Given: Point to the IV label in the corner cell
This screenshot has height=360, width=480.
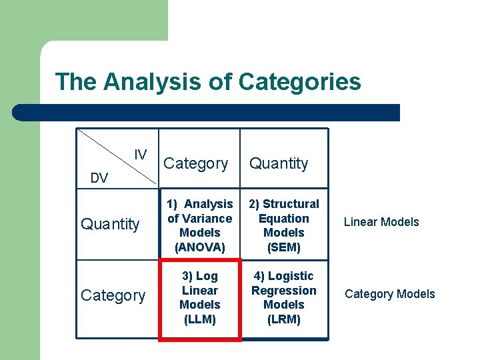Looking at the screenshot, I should tap(140, 155).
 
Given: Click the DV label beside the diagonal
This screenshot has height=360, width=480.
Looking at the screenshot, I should tap(99, 178).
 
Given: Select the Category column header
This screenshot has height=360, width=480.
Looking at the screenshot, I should tap(196, 163).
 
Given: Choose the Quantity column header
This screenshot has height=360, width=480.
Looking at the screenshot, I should tap(279, 163).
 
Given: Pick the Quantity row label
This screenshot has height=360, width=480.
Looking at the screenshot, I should tap(110, 224).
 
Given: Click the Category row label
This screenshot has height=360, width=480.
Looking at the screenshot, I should tap(113, 295).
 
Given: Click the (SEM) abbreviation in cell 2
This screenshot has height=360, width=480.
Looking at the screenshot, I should tap(284, 247).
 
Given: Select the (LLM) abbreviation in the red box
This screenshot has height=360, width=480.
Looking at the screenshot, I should tap(200, 319).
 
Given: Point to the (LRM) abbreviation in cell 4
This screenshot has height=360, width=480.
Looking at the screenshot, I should tap(284, 319).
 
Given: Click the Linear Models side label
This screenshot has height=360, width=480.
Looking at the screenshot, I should tap(381, 222).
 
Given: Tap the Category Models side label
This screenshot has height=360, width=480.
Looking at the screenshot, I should tap(390, 294).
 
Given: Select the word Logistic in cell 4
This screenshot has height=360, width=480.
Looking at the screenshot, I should tap(291, 276).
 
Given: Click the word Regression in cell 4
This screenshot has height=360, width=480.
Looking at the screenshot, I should tap(284, 291).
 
